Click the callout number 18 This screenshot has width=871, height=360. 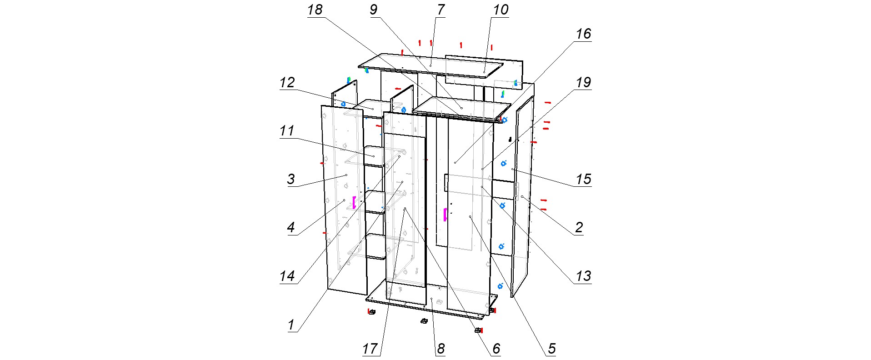coord(315,10)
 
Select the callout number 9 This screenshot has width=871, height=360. coord(373,10)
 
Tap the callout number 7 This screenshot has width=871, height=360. coord(440,10)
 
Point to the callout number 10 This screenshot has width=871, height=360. coord(501,10)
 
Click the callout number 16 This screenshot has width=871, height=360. coord(583,34)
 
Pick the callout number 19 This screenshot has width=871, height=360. coord(583,83)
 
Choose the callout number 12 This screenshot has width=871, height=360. coord(287,83)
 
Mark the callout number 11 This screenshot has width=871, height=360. coord(287,131)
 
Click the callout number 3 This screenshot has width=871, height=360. coord(291,179)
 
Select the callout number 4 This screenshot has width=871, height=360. coord(291,227)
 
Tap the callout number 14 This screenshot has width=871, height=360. coord(287,276)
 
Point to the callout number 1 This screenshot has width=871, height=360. coord(291,325)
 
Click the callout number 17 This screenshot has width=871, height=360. coord(370,349)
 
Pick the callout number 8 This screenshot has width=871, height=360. coord(440,349)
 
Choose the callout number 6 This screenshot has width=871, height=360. coord(496,349)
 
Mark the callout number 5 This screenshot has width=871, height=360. coord(551,349)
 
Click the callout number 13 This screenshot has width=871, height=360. coord(583,276)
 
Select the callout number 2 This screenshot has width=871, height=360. coord(579,227)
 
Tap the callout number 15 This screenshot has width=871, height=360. coord(583,179)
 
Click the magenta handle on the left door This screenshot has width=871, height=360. coord(354,202)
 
